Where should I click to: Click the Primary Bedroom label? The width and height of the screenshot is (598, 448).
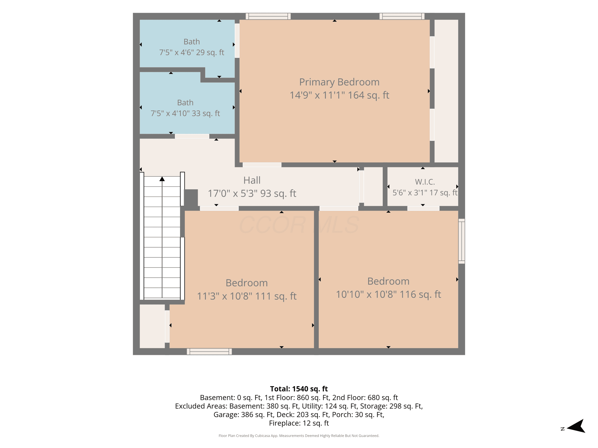(x=339, y=82)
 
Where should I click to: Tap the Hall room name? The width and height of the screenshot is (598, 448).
(x=252, y=180)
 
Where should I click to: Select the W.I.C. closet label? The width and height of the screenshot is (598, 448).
(x=425, y=182)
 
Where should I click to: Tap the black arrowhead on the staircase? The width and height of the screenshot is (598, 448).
(x=162, y=179)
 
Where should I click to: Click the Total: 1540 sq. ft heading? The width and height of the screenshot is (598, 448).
(x=299, y=389)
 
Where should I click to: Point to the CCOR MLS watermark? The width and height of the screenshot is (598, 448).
(x=299, y=225)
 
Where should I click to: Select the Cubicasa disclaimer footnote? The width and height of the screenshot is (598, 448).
(x=299, y=436)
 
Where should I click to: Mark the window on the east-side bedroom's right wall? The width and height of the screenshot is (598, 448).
(x=461, y=241)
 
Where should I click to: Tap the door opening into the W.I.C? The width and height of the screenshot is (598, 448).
(x=423, y=208)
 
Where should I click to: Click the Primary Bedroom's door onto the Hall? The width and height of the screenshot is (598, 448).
(x=262, y=165)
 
